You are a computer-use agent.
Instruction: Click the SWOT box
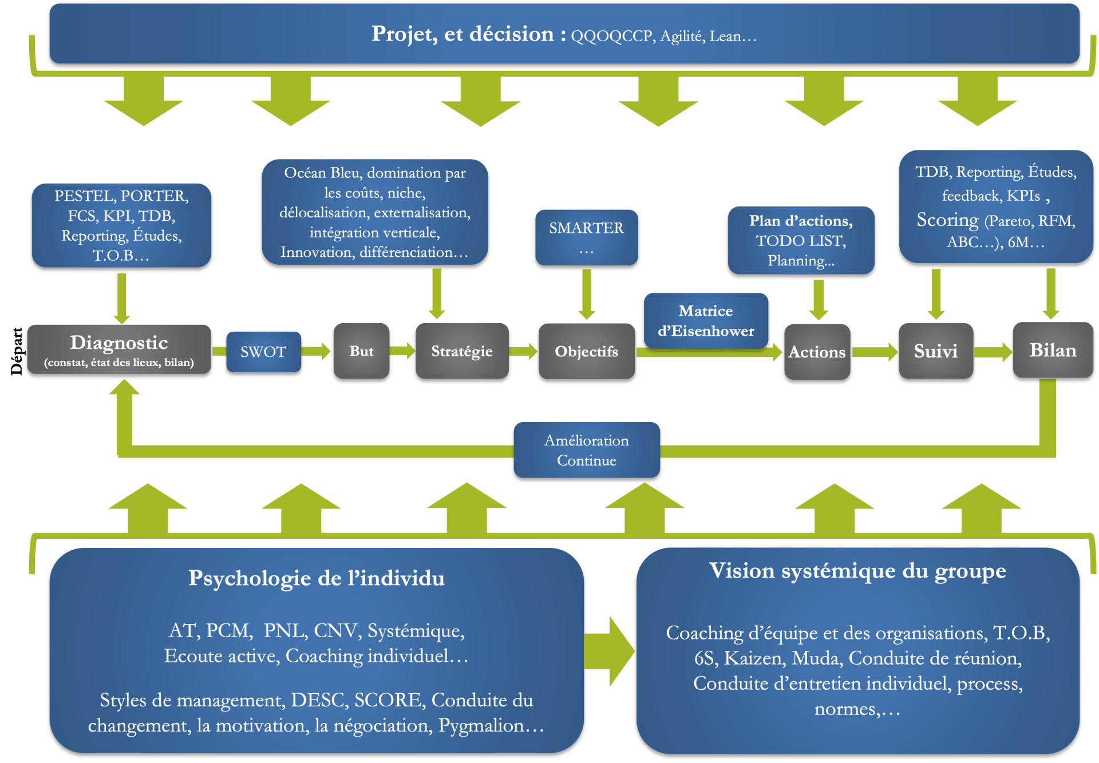(263, 352)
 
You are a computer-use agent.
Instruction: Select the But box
(361, 351)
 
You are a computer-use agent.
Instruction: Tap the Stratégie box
(461, 351)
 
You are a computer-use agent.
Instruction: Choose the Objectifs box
(586, 351)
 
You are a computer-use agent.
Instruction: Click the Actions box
(817, 352)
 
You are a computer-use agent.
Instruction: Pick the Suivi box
(935, 351)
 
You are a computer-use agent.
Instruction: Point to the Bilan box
(1053, 350)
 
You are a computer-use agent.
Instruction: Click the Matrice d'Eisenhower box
(706, 321)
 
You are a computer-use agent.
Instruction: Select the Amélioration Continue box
(587, 451)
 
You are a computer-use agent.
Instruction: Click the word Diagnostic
(119, 343)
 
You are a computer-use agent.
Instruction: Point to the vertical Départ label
(17, 351)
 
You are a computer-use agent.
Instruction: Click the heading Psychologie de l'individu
(317, 578)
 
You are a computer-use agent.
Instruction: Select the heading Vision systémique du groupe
(857, 571)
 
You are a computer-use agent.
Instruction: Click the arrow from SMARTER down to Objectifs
(586, 295)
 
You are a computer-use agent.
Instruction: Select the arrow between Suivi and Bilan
(993, 351)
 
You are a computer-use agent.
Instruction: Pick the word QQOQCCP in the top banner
(612, 37)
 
